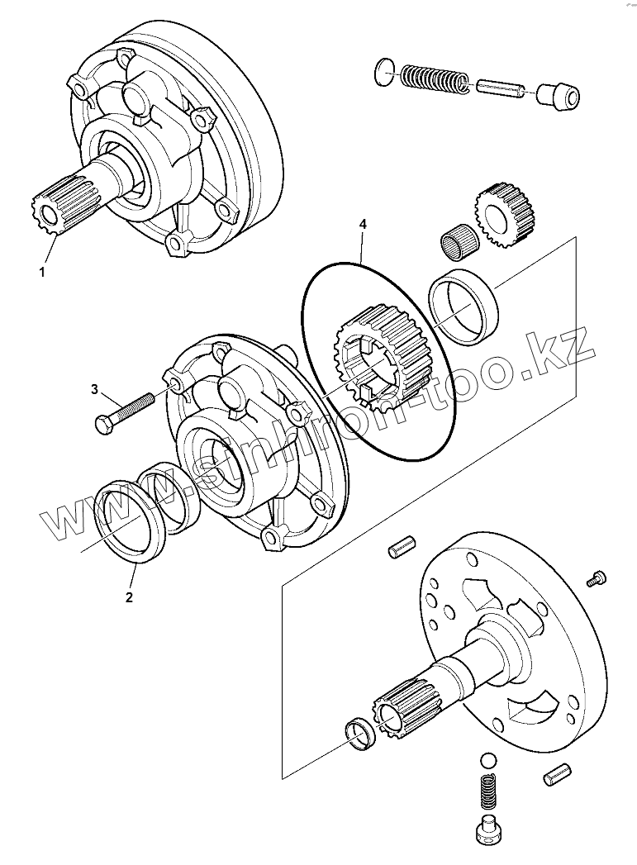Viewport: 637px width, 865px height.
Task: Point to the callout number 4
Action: tap(361, 224)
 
